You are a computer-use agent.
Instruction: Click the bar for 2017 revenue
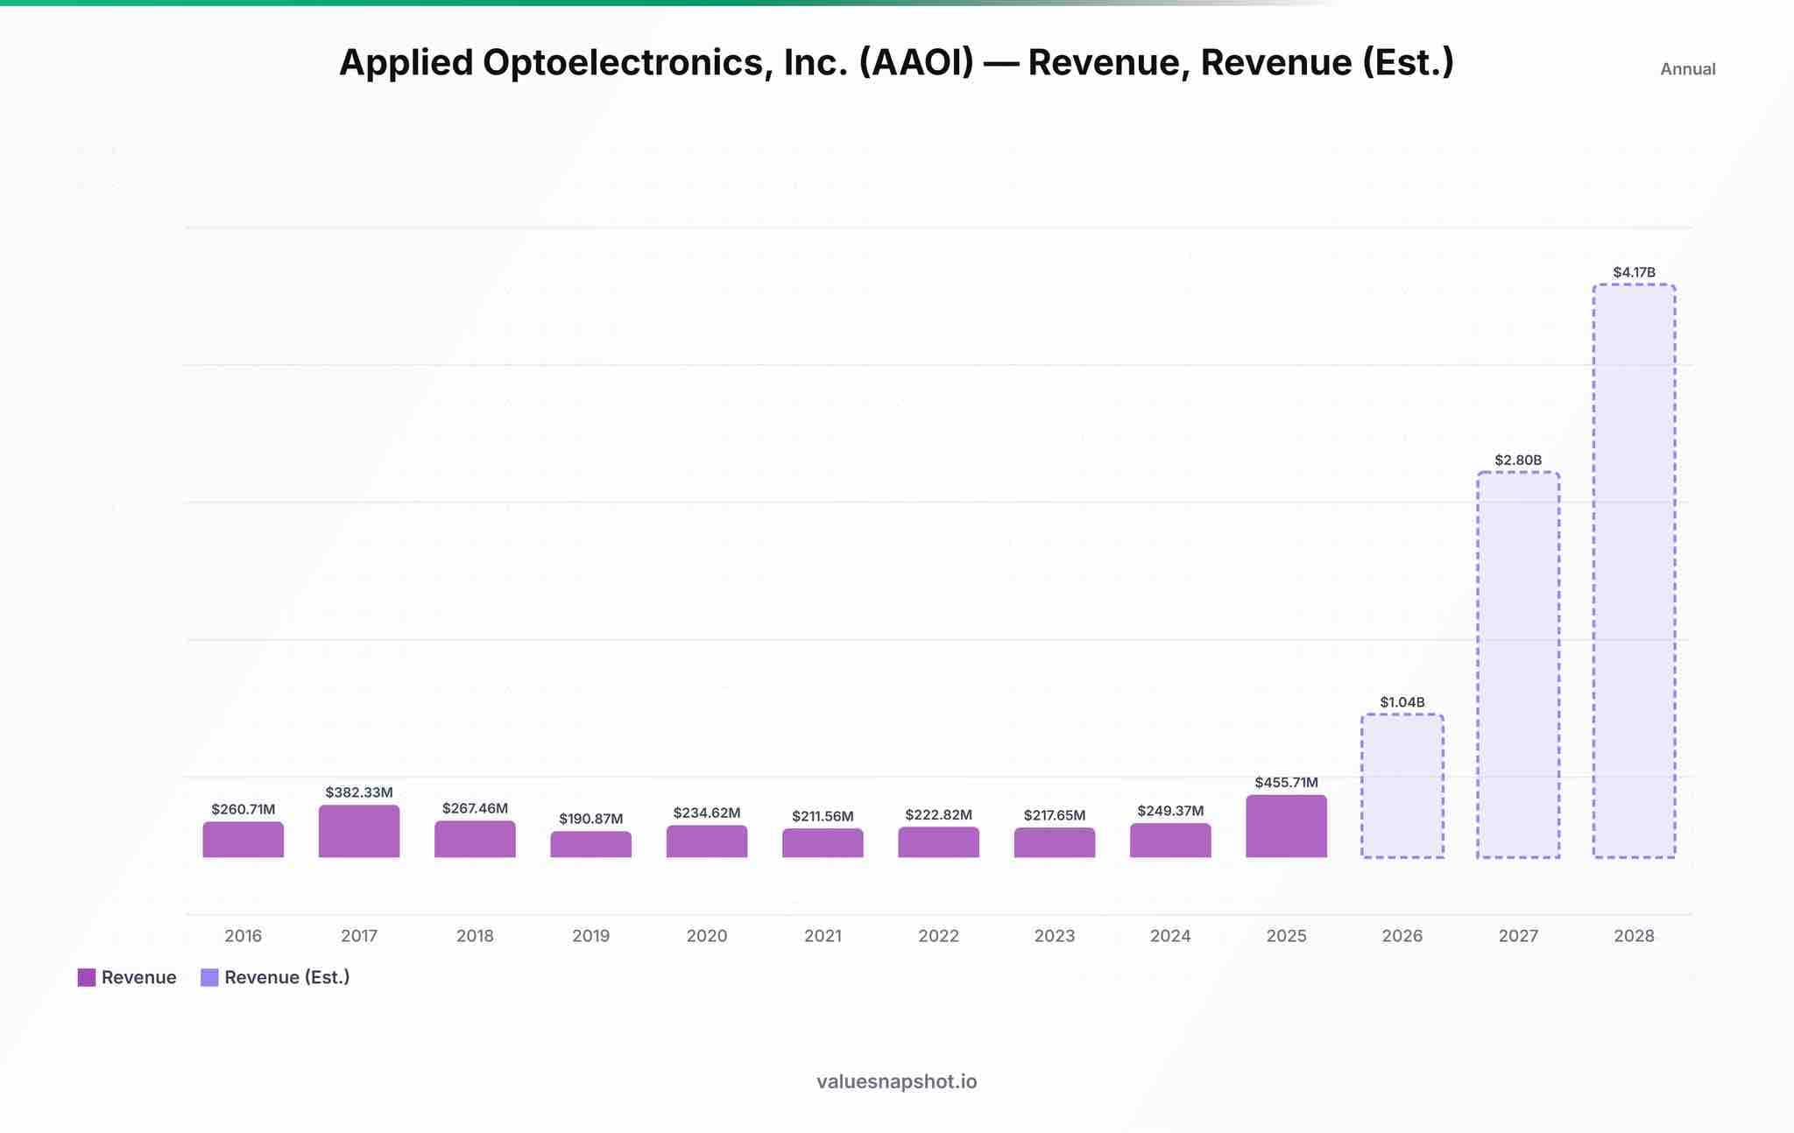pos(359,831)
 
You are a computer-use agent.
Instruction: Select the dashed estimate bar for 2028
pos(1634,571)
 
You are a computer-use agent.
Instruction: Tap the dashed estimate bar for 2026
pos(1402,785)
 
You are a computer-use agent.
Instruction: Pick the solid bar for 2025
pos(1286,826)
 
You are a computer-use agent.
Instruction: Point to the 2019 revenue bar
pos(591,844)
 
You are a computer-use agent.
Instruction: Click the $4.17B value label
pos(1635,272)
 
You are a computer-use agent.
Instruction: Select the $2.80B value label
pos(1518,460)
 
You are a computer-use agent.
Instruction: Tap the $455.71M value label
pos(1286,782)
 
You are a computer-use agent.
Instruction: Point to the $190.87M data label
pos(591,819)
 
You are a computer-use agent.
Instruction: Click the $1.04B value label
pos(1402,702)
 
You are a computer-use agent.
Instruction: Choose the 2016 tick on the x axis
pos(244,936)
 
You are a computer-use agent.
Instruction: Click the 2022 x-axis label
pos(939,936)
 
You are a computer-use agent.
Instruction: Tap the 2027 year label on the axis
pos(1518,936)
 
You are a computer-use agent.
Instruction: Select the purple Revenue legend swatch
pos(87,977)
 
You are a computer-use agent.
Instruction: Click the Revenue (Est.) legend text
pos(287,977)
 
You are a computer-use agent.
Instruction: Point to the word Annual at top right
pos(1688,69)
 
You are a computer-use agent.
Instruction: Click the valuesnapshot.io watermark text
pos(897,1081)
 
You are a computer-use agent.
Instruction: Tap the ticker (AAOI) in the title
pos(916,62)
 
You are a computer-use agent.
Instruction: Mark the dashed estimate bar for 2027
pos(1518,665)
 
